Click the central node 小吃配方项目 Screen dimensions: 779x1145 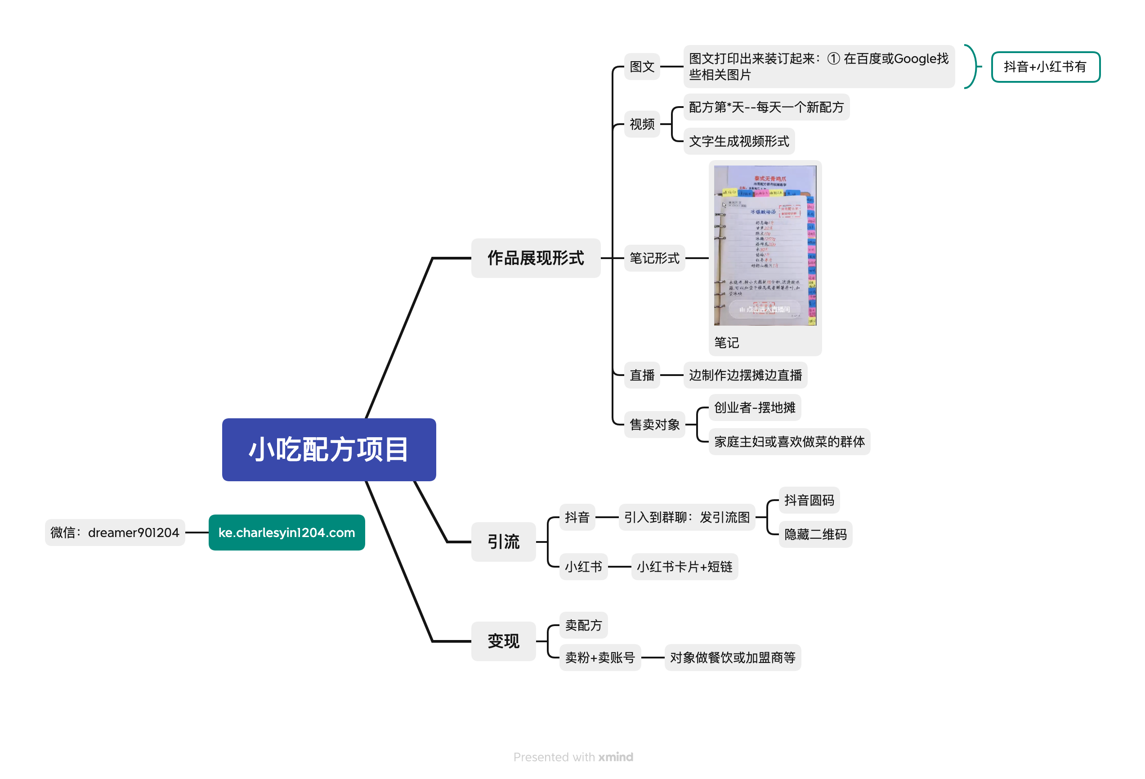329,449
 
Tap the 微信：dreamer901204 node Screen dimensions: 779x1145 115,532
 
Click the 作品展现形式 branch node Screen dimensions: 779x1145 536,258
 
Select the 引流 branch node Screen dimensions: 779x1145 503,542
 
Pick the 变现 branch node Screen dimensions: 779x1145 503,640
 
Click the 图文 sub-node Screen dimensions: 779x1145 641,67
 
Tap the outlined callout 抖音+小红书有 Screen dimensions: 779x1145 1045,67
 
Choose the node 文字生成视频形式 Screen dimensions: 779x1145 738,141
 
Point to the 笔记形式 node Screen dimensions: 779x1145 654,258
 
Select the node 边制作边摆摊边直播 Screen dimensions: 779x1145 745,375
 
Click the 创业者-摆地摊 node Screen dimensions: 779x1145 754,407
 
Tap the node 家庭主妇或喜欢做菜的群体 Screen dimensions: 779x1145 789,442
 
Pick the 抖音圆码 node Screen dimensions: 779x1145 809,500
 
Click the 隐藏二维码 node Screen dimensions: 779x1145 815,534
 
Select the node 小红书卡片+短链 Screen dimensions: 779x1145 684,567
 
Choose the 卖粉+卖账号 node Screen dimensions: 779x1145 599,657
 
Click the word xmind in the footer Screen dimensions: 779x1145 615,757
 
